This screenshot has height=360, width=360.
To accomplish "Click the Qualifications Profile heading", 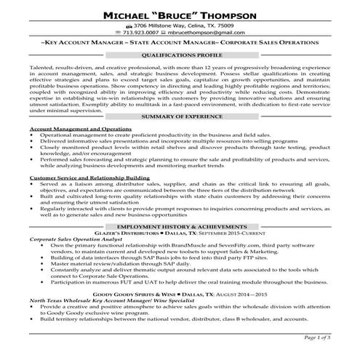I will [x=180, y=55].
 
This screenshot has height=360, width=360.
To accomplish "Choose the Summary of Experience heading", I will [x=180, y=117].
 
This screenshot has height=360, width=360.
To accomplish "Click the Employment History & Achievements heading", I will [x=180, y=228].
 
